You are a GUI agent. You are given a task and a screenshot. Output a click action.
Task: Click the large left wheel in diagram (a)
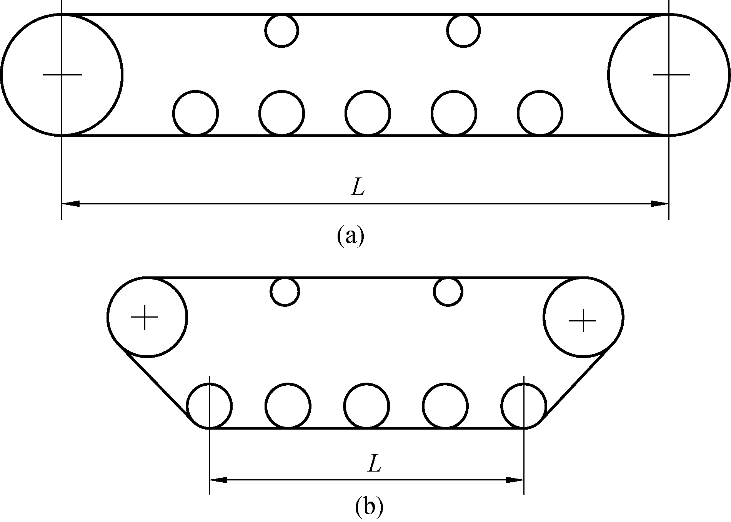(62, 75)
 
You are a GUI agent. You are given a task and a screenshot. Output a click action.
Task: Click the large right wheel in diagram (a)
(669, 75)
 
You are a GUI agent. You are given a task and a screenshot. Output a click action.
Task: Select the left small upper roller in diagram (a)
(281, 30)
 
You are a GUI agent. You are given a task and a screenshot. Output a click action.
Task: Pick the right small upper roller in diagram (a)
(463, 30)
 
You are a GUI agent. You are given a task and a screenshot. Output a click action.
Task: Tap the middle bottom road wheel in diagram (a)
(368, 113)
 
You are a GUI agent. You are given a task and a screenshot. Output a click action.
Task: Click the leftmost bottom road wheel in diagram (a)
(196, 113)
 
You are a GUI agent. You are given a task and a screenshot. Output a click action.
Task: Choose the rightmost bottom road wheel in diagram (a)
(540, 113)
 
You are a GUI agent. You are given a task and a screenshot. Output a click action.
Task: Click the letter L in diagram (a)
(358, 187)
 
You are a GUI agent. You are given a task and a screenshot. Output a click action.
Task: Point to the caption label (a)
(350, 236)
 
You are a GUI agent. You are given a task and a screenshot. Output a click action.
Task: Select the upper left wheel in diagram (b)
(147, 317)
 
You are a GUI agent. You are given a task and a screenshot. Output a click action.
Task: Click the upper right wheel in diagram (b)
(584, 317)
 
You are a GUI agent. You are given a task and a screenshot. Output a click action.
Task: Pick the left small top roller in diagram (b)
(285, 291)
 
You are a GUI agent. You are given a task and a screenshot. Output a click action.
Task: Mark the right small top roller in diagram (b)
(448, 291)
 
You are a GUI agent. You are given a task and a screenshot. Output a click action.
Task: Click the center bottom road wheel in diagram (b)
(366, 406)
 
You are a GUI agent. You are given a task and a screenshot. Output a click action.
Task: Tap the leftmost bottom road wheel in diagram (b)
(209, 406)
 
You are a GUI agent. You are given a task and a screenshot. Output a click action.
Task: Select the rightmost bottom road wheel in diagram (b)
(524, 406)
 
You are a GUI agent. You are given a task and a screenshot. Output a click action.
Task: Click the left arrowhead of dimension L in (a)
(71, 203)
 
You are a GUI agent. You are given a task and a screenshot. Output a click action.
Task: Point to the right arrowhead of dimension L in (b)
(515, 480)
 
